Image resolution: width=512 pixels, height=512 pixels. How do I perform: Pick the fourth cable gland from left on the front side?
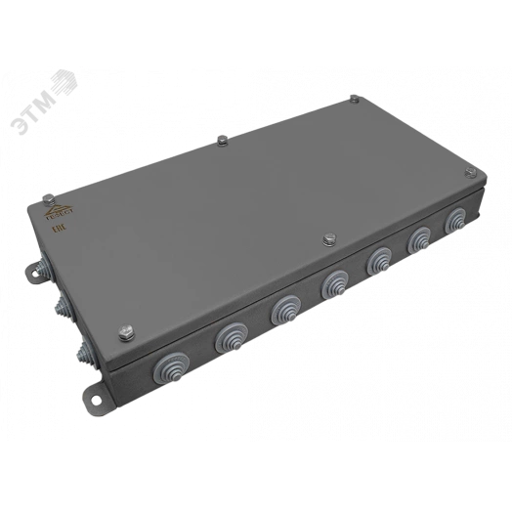point(332,283)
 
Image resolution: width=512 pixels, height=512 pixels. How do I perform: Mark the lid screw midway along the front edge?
point(328,237)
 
